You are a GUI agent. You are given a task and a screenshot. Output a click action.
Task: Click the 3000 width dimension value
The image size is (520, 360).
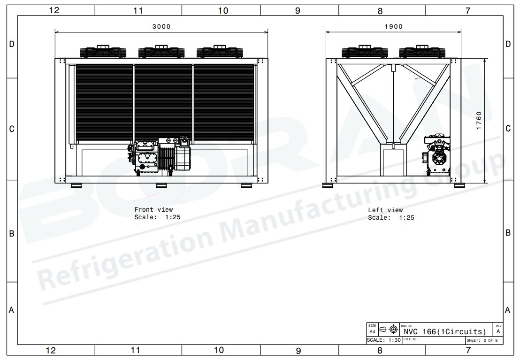[161, 27]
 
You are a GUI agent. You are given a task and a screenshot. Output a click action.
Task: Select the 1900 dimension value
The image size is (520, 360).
[394, 27]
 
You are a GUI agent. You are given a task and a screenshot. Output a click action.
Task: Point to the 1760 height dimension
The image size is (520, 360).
[479, 121]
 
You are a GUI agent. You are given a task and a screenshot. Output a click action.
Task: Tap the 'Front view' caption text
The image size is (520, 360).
[153, 210]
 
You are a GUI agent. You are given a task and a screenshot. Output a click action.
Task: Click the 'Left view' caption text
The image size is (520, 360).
[385, 210]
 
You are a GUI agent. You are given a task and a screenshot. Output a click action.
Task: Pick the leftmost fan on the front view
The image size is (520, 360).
[103, 52]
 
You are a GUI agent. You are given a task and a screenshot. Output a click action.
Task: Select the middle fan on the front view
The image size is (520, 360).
[161, 52]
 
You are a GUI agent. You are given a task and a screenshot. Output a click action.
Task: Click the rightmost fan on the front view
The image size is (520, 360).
[220, 52]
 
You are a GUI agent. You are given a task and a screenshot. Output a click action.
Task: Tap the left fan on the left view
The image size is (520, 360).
[365, 52]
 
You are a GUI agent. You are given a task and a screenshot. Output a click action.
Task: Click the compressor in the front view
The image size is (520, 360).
[159, 156]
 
